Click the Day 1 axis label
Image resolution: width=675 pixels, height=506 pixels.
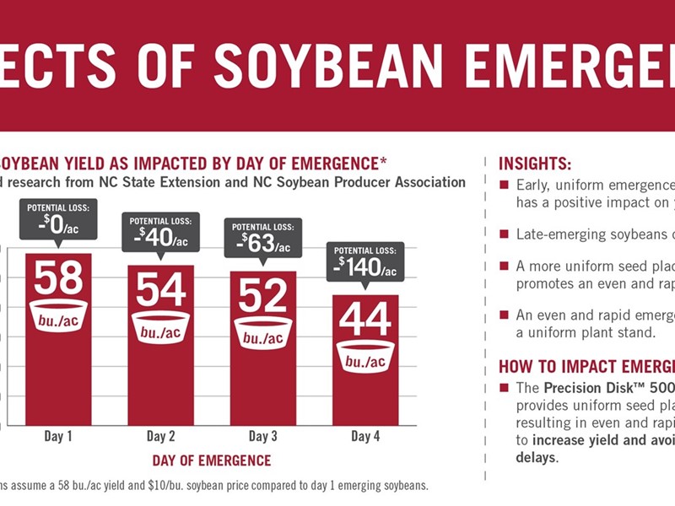pos(57,436)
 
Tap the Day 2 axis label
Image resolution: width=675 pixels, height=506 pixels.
pos(160,436)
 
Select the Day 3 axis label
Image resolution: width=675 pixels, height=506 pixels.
pos(262,436)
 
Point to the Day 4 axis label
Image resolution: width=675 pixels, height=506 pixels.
pos(365,436)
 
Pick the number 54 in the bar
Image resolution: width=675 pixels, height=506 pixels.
pos(160,289)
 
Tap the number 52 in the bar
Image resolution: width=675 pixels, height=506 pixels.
pos(263,295)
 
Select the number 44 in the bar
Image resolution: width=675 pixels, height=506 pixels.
pos(365,319)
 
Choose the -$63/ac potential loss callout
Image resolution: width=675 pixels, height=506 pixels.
pos(263,239)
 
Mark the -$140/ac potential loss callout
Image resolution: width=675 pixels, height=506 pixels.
pos(365,262)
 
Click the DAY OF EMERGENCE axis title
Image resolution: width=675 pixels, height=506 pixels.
pos(212,460)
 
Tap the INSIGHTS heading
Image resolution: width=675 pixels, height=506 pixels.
pos(535,164)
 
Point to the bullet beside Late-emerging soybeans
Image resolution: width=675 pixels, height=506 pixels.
pos(504,234)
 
